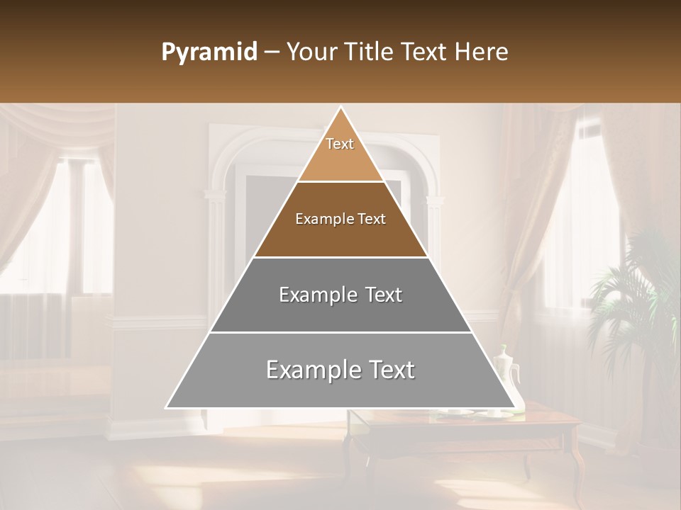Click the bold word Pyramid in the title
pos(209,52)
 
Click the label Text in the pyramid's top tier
pos(340,144)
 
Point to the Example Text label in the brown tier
pos(340,219)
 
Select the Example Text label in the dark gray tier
pos(340,295)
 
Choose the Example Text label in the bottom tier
pos(340,370)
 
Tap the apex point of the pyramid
pos(340,108)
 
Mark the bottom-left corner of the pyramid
pos(167,407)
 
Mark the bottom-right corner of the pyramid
pos(514,407)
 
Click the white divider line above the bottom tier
pos(340,332)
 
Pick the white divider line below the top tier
pos(340,181)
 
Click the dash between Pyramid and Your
pos(272,52)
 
